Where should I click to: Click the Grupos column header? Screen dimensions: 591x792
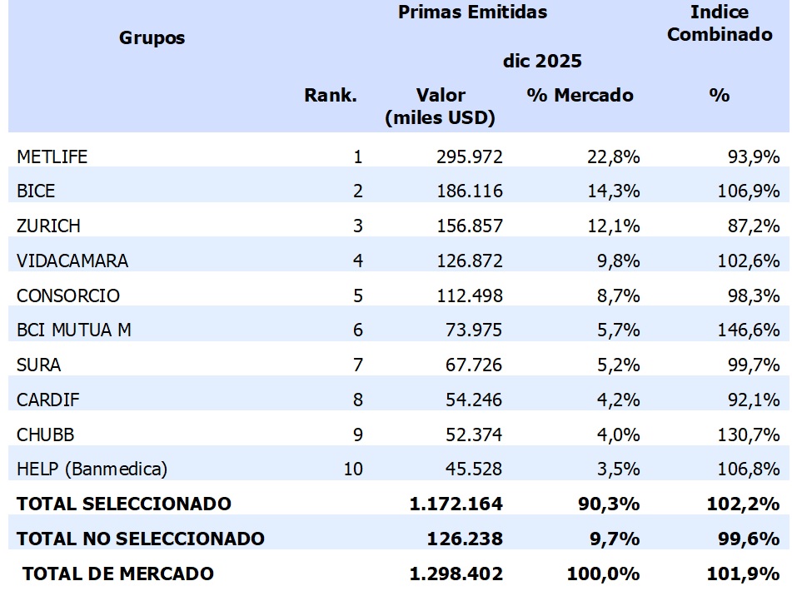(x=152, y=37)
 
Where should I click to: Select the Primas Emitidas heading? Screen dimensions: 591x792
(x=472, y=12)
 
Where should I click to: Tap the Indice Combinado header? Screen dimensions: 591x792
(x=720, y=23)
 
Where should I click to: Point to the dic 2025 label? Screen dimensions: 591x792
(x=541, y=61)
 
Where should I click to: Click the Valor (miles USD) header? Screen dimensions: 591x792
(x=440, y=107)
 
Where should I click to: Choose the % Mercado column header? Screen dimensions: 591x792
(x=580, y=95)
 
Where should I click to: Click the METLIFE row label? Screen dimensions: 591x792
(x=52, y=156)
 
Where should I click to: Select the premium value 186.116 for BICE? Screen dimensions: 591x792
(x=470, y=191)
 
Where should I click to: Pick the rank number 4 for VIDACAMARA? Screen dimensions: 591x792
(x=358, y=261)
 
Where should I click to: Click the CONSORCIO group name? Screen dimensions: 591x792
(x=68, y=295)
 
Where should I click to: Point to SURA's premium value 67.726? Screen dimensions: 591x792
(x=470, y=365)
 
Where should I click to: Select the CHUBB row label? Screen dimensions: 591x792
(x=44, y=435)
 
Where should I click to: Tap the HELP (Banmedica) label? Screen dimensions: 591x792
(x=92, y=469)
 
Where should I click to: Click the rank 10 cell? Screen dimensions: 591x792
(x=353, y=469)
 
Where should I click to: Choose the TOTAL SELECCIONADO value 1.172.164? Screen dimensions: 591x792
(x=456, y=504)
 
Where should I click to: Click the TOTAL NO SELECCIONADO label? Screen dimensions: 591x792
(x=140, y=539)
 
